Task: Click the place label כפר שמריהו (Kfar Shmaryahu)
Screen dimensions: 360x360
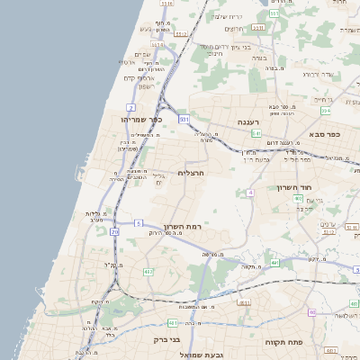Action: point(145,118)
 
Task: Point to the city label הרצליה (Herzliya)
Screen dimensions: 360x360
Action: point(193,172)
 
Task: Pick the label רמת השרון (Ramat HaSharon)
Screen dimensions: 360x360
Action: point(183,227)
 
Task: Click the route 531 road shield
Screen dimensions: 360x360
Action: point(184,118)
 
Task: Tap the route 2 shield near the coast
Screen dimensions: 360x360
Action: point(131,107)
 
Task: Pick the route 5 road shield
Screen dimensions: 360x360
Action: point(139,222)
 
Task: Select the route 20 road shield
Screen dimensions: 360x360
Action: point(115,231)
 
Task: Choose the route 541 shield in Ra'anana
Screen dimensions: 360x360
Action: point(256,133)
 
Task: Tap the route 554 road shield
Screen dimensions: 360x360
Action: point(326,110)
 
